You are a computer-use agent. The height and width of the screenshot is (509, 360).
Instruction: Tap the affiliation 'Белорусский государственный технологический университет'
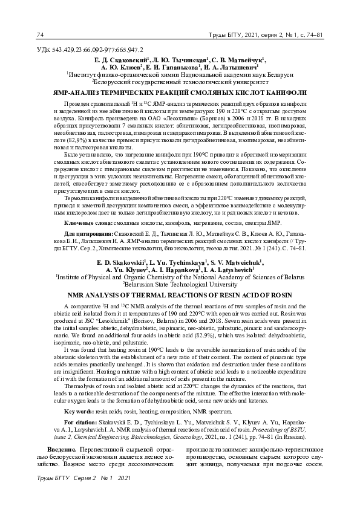pos(180,79)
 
